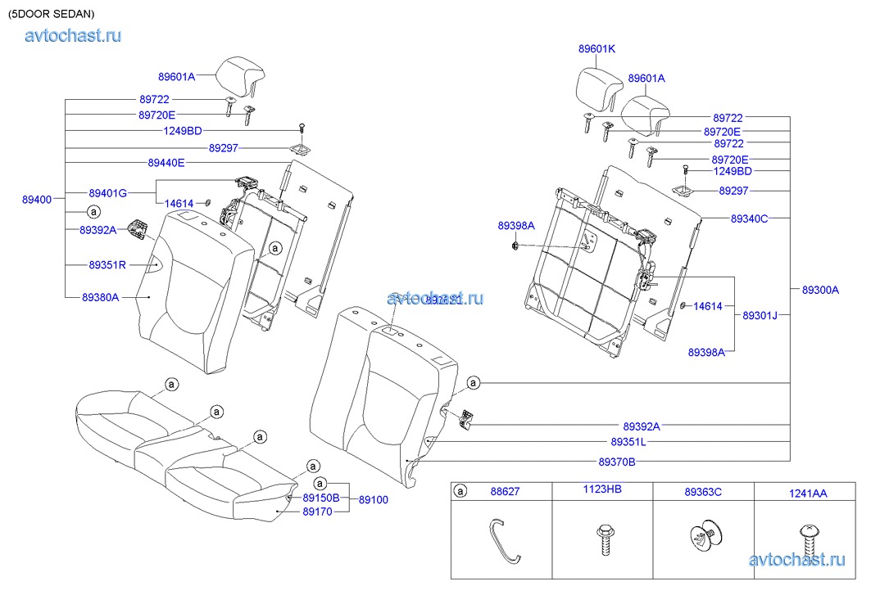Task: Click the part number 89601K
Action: pyautogui.click(x=597, y=49)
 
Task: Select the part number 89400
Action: pyautogui.click(x=37, y=199)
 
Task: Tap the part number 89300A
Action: pyautogui.click(x=820, y=290)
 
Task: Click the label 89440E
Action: pyautogui.click(x=166, y=163)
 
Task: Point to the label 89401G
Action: pyautogui.click(x=107, y=193)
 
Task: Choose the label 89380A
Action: pyautogui.click(x=101, y=297)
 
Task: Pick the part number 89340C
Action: pyautogui.click(x=750, y=219)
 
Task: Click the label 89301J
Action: pyautogui.click(x=760, y=315)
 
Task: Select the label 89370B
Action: pyautogui.click(x=617, y=462)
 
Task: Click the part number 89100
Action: pyautogui.click(x=374, y=498)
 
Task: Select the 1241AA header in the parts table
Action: pyautogui.click(x=808, y=493)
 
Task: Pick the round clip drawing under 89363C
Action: pyautogui.click(x=704, y=539)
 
